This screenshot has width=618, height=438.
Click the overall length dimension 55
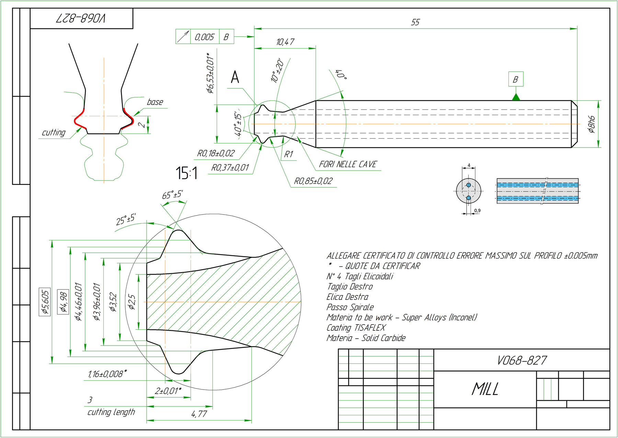click(x=415, y=22)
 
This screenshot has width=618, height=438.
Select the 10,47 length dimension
click(x=285, y=42)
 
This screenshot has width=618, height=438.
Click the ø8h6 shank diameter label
click(x=591, y=124)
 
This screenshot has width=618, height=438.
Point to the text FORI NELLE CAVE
click(x=348, y=164)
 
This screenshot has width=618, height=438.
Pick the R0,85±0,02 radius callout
click(x=313, y=181)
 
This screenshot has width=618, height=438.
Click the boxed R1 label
click(x=288, y=154)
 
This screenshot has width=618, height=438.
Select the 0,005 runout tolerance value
click(x=204, y=37)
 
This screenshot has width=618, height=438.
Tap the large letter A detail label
click(x=235, y=77)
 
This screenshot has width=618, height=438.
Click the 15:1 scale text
click(x=186, y=173)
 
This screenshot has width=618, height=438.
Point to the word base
click(x=155, y=102)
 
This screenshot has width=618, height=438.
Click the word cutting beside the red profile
click(x=54, y=132)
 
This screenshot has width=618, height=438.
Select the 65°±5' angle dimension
click(x=172, y=195)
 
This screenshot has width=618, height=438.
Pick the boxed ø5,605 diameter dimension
click(x=45, y=302)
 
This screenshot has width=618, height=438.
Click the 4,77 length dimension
click(x=199, y=414)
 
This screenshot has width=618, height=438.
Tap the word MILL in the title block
click(x=485, y=389)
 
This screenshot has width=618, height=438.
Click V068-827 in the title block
click(x=522, y=360)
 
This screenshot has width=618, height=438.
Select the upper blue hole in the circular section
click(x=469, y=185)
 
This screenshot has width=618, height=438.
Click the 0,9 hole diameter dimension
click(x=477, y=211)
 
